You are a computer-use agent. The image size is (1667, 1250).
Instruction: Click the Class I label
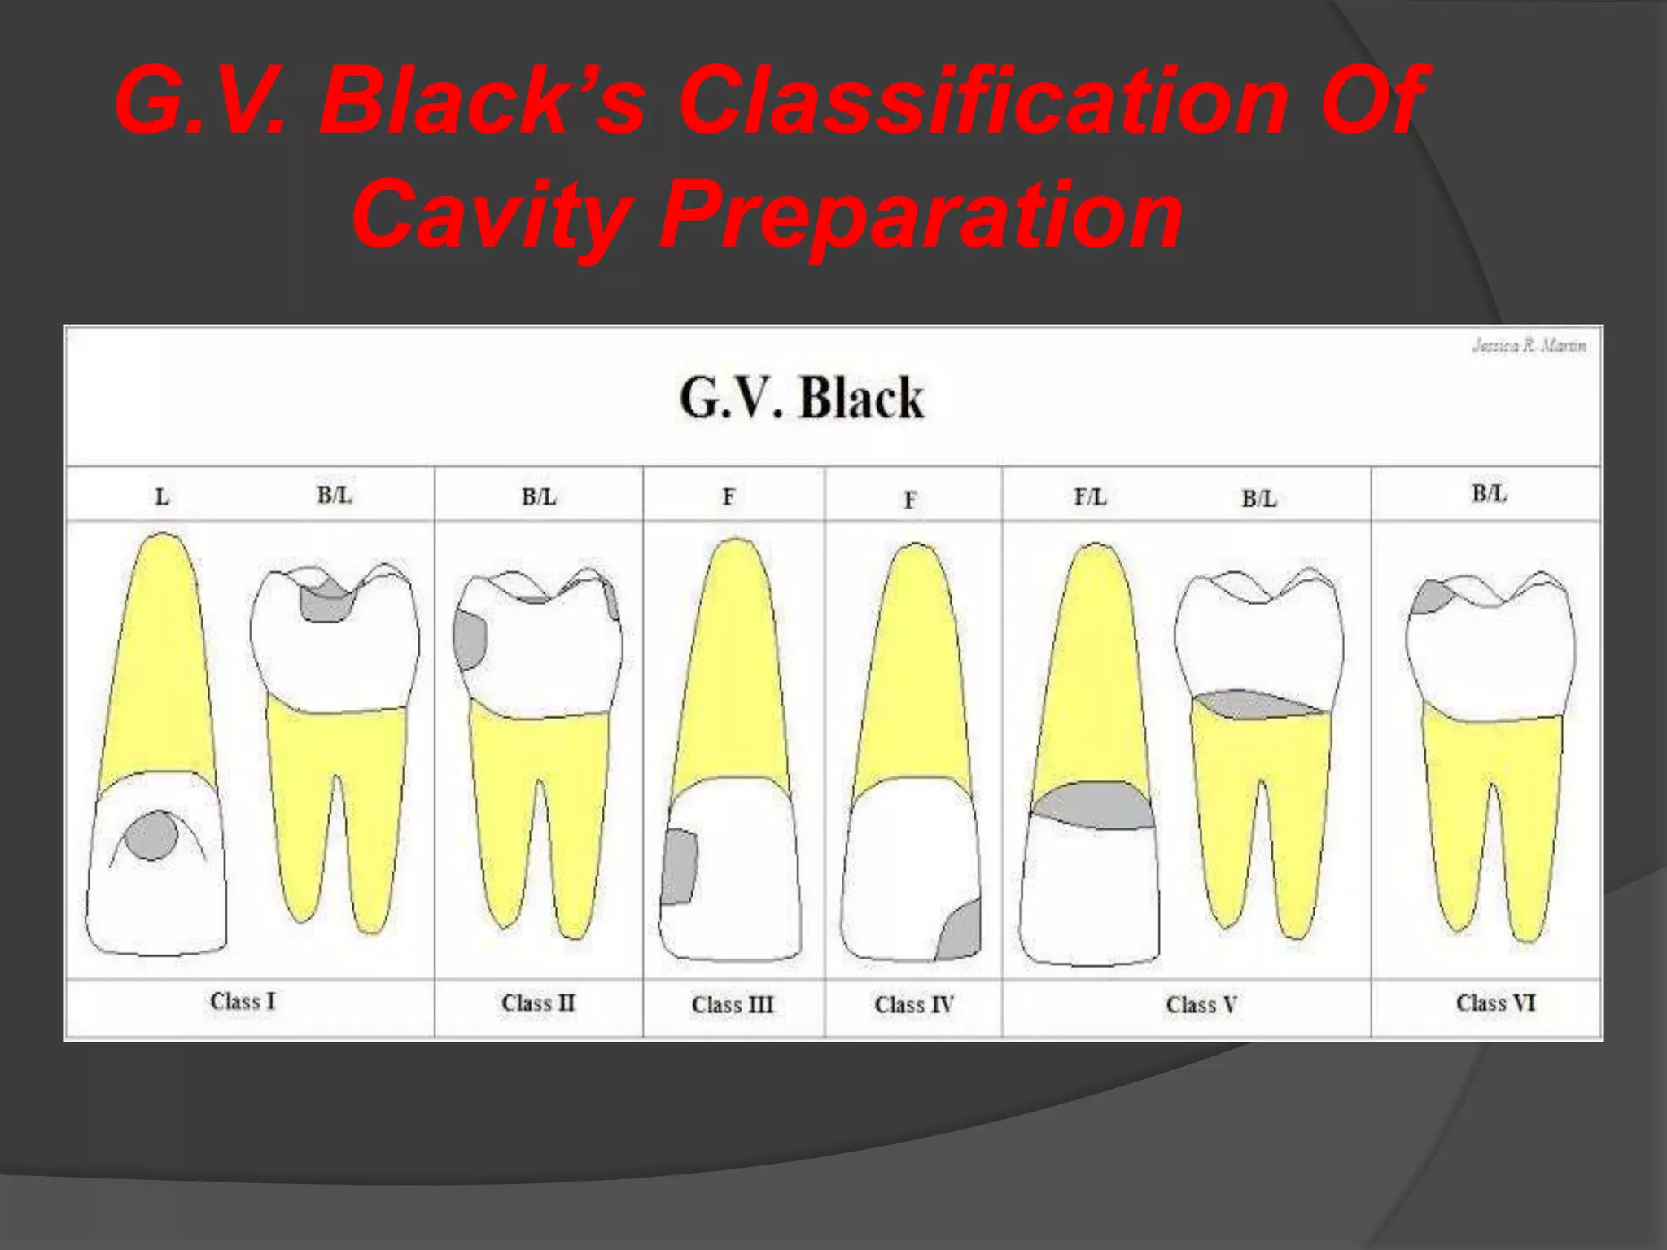click(x=243, y=1001)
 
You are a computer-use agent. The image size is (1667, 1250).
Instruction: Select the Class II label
click(x=538, y=1003)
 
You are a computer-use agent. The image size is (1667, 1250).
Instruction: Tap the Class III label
click(x=733, y=1004)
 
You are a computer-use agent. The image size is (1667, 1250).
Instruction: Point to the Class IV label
click(x=913, y=1004)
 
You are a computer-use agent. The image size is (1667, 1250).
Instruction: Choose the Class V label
click(x=1201, y=1004)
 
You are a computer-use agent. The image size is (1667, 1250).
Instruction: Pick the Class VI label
click(x=1495, y=1003)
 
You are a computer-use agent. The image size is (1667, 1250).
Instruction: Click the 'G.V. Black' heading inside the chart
click(x=802, y=398)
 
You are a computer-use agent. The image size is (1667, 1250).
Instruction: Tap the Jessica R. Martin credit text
click(x=1529, y=346)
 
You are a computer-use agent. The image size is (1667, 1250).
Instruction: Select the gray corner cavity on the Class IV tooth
click(x=960, y=933)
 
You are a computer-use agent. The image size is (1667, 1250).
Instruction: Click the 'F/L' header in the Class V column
click(x=1090, y=496)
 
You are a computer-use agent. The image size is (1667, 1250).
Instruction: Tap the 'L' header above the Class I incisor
click(x=162, y=496)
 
